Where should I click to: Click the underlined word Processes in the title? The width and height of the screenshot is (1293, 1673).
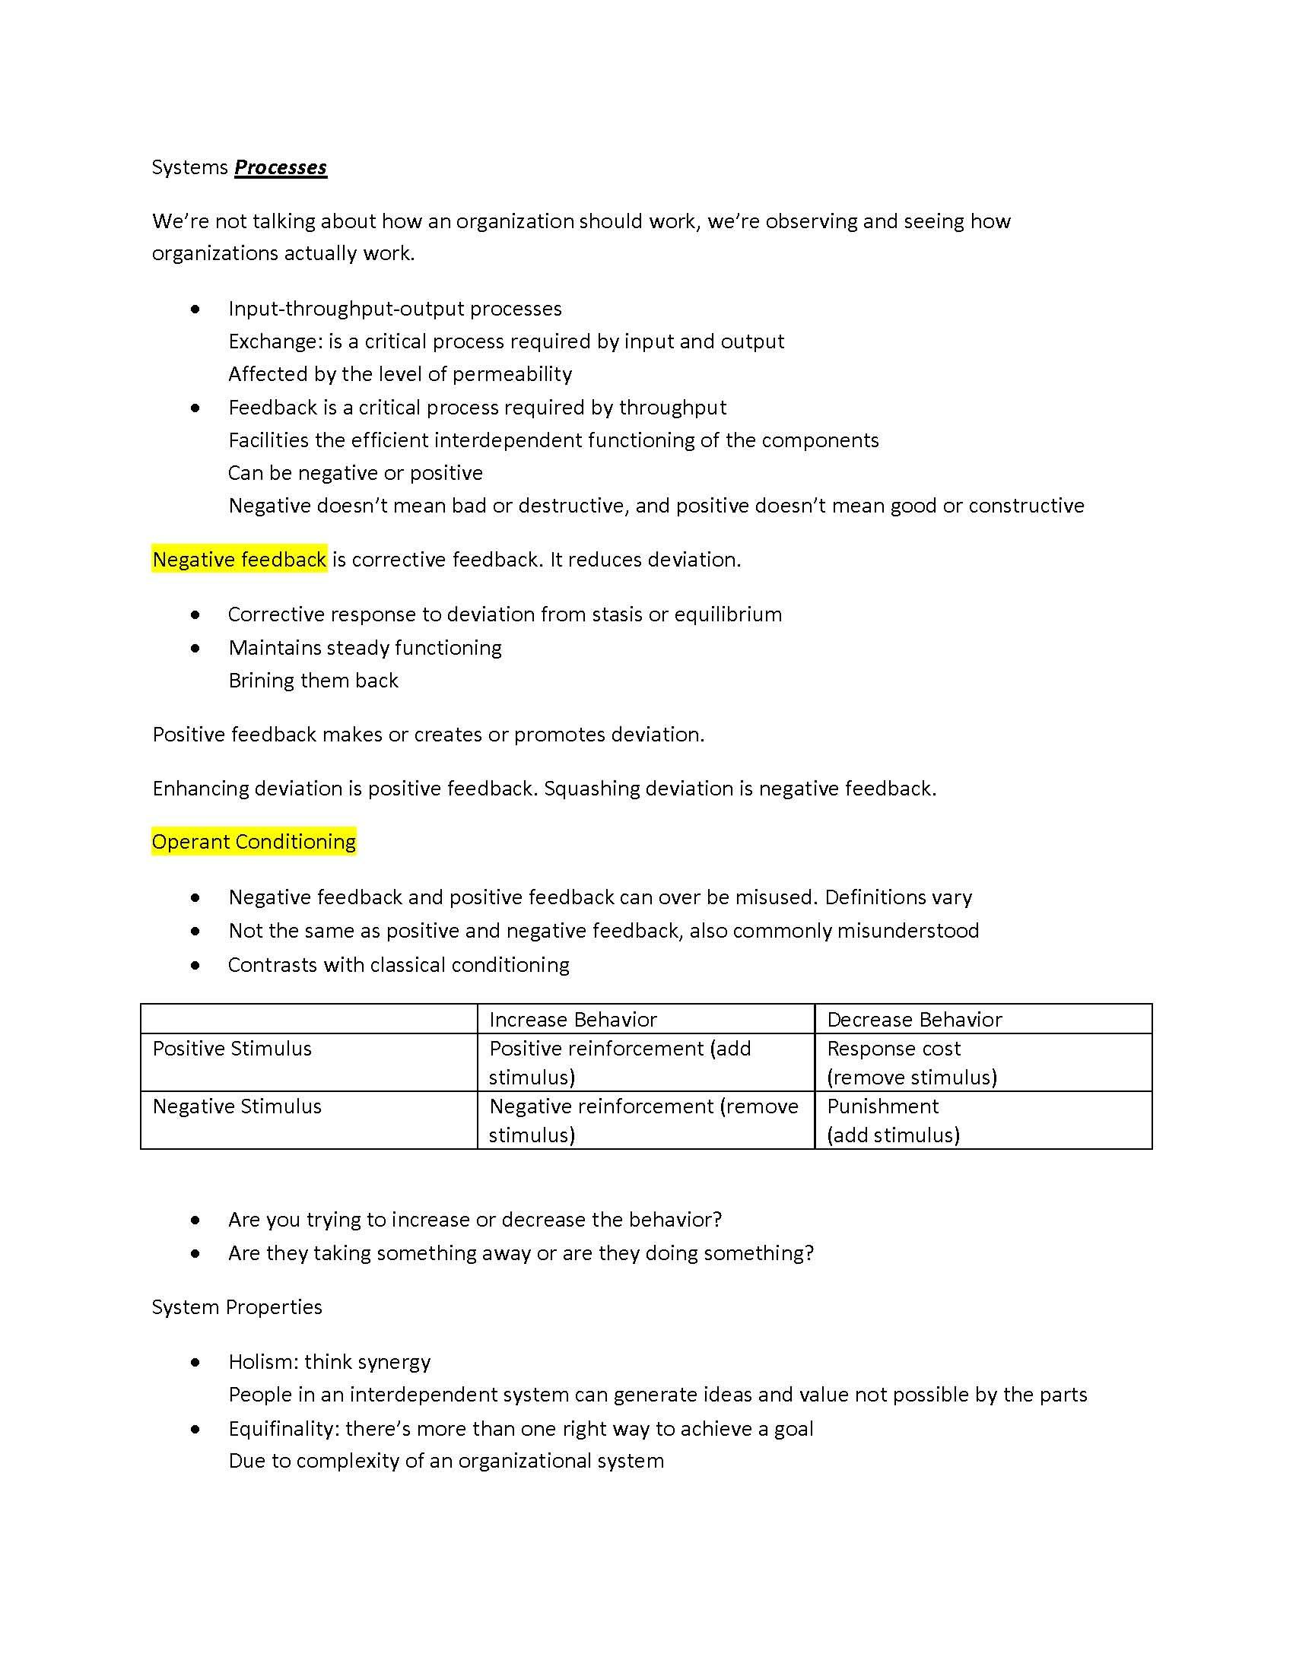281,168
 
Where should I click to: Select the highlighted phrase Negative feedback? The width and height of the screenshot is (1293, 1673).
240,560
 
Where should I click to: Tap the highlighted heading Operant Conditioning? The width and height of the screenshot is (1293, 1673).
253,842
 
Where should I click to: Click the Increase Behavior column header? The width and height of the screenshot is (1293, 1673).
573,1020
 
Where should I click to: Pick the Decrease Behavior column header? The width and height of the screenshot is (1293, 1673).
913,1020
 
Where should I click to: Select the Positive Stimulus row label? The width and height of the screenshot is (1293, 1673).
232,1049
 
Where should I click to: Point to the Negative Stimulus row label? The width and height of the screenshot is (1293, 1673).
237,1106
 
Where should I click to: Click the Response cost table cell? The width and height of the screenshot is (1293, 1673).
911,1062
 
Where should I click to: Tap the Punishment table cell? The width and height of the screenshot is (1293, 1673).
893,1120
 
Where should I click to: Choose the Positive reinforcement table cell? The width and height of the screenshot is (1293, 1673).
620,1062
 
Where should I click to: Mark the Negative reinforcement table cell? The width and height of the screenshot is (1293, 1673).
643,1120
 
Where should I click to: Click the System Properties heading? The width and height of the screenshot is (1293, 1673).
237,1306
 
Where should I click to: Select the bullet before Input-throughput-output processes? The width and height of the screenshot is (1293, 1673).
196,310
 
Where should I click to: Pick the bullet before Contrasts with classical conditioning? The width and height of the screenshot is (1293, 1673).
196,965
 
